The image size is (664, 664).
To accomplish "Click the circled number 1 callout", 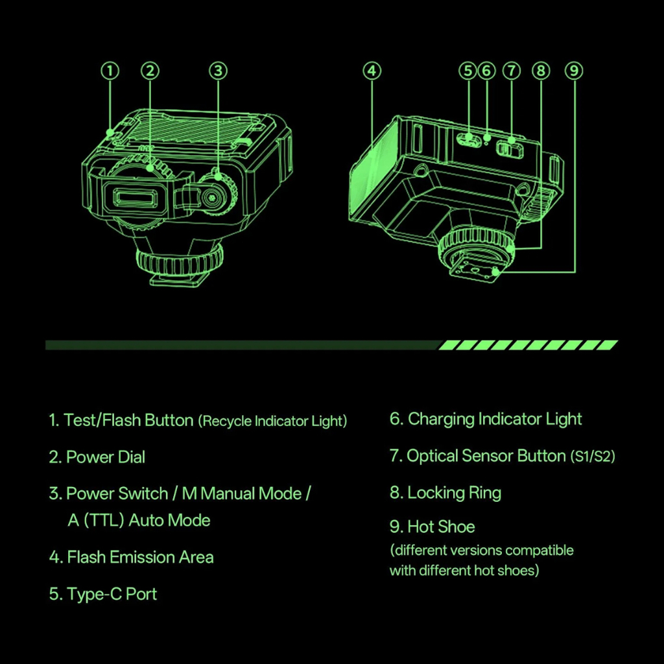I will (111, 70).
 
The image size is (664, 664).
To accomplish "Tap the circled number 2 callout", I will (150, 70).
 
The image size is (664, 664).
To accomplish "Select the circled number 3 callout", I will (219, 70).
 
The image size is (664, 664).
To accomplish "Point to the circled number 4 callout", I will (372, 70).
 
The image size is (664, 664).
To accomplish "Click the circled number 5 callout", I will (467, 70).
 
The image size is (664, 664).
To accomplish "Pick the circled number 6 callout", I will (487, 70).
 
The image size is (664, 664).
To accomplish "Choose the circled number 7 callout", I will (511, 70).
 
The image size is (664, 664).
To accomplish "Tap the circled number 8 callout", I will (541, 70).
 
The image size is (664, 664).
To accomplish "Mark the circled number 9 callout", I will (574, 70).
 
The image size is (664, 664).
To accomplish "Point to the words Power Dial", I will (106, 457).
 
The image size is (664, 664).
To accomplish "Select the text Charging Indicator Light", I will (495, 420).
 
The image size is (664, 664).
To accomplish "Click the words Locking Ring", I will (454, 493).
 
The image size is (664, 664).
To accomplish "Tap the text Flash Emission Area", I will (140, 557).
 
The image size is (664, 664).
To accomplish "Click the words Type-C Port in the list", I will (112, 594).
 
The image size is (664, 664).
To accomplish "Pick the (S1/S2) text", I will (593, 457).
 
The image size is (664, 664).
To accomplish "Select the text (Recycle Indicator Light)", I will (272, 421).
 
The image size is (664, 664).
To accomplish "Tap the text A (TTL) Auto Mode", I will (139, 520).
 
